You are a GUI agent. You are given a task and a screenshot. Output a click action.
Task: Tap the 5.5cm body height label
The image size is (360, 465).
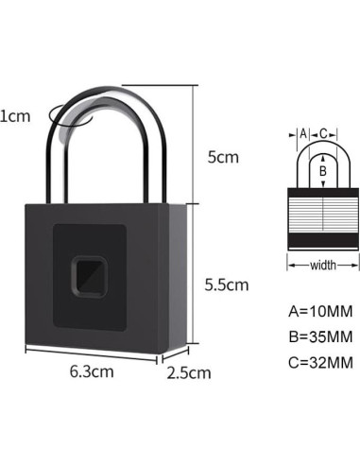227,284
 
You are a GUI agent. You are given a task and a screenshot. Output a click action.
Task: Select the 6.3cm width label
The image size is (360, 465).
92,371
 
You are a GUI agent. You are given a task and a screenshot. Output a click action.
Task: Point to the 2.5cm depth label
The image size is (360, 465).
189,372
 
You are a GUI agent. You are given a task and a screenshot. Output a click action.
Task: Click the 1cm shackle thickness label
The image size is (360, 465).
13,116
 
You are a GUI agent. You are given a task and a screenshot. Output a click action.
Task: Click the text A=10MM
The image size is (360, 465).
320,309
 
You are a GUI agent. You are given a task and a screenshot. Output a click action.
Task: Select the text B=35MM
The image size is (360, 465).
320,335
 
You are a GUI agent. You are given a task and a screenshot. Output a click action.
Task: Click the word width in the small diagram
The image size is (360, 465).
323,267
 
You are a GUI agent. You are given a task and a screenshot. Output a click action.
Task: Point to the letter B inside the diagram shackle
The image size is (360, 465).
323,171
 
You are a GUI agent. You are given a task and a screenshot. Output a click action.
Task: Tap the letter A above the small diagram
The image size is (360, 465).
302,134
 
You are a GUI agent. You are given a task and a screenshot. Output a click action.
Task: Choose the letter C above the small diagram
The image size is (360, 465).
323,134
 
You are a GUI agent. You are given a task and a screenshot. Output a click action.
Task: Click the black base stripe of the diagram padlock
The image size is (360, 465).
323,248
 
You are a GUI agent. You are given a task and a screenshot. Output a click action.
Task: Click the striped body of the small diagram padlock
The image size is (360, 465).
323,216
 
